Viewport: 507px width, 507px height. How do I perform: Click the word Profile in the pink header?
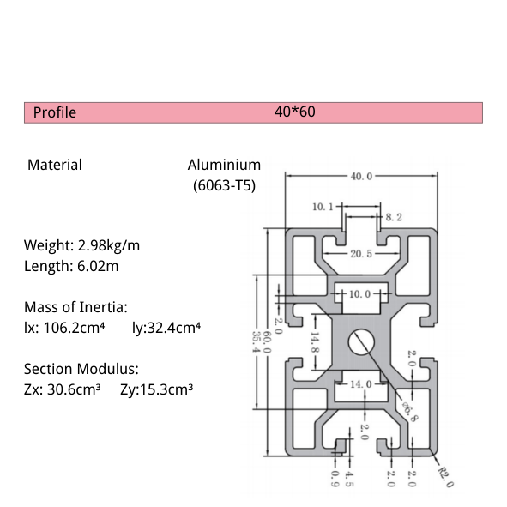tap(55, 112)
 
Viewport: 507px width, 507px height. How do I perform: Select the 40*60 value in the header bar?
tap(295, 112)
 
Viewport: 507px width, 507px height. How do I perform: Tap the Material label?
tap(55, 165)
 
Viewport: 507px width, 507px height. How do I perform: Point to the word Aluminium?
tap(224, 165)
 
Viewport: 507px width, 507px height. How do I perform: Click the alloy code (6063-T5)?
tap(221, 184)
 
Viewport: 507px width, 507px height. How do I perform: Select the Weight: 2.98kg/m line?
tap(81, 245)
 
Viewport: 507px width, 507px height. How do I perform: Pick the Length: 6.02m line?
tap(71, 266)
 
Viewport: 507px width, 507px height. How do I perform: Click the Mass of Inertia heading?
tap(76, 306)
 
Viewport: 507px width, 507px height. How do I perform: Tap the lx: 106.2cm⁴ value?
tap(64, 327)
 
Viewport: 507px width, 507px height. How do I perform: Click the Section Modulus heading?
tap(81, 369)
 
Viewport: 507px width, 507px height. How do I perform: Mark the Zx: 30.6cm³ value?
tap(63, 389)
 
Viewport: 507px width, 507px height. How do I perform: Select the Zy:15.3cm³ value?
tap(156, 389)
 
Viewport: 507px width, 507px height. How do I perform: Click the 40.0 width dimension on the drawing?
tap(361, 177)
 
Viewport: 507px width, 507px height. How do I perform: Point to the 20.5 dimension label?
tap(360, 254)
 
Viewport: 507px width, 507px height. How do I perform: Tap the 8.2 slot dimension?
tap(394, 218)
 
